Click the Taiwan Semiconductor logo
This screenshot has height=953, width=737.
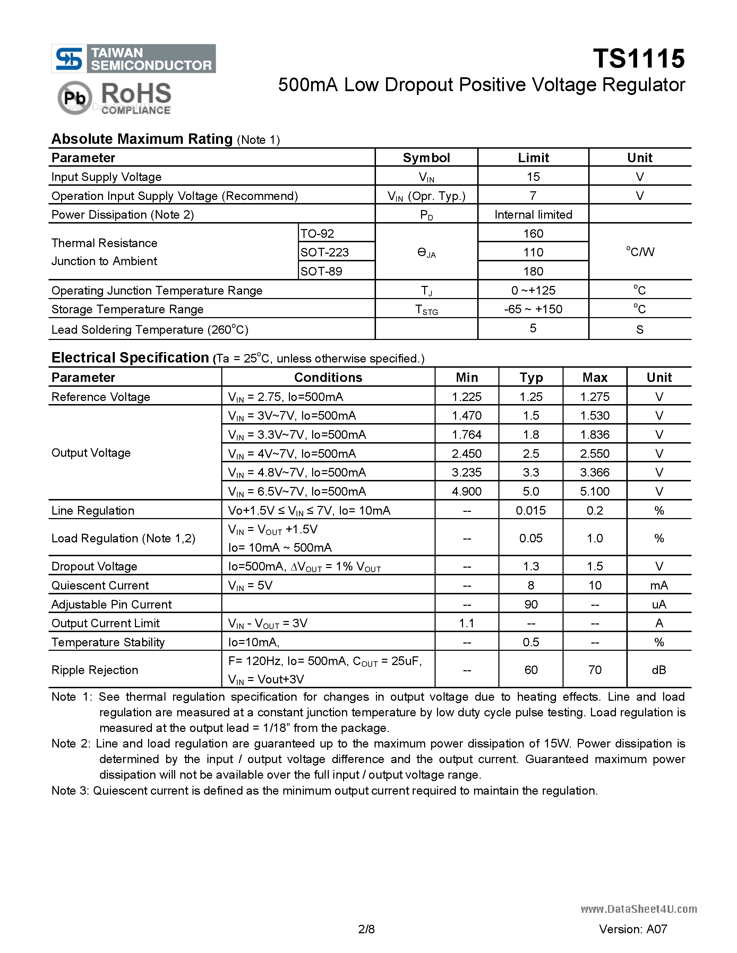point(134,59)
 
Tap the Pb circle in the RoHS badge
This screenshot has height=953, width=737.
point(75,98)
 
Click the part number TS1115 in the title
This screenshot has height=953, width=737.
point(638,59)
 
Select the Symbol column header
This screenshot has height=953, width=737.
point(426,158)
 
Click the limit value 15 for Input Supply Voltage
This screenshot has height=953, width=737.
point(533,177)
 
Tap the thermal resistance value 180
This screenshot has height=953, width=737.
point(533,271)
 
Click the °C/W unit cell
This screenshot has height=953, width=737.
point(640,252)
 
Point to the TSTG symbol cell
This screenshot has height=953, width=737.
point(426,310)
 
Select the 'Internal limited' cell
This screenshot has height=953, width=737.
point(533,215)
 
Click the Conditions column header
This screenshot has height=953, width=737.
point(328,377)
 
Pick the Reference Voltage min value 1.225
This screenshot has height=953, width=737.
point(467,397)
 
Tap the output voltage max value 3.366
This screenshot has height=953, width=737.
point(595,472)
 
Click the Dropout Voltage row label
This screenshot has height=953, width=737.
point(94,566)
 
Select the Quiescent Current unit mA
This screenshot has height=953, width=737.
point(659,585)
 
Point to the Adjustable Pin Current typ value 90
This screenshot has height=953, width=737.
point(531,604)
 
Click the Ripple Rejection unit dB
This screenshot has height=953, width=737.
point(659,670)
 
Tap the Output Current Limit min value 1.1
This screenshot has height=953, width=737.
point(467,623)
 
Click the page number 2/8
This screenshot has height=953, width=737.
point(366,929)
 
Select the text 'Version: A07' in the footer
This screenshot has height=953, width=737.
point(633,929)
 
